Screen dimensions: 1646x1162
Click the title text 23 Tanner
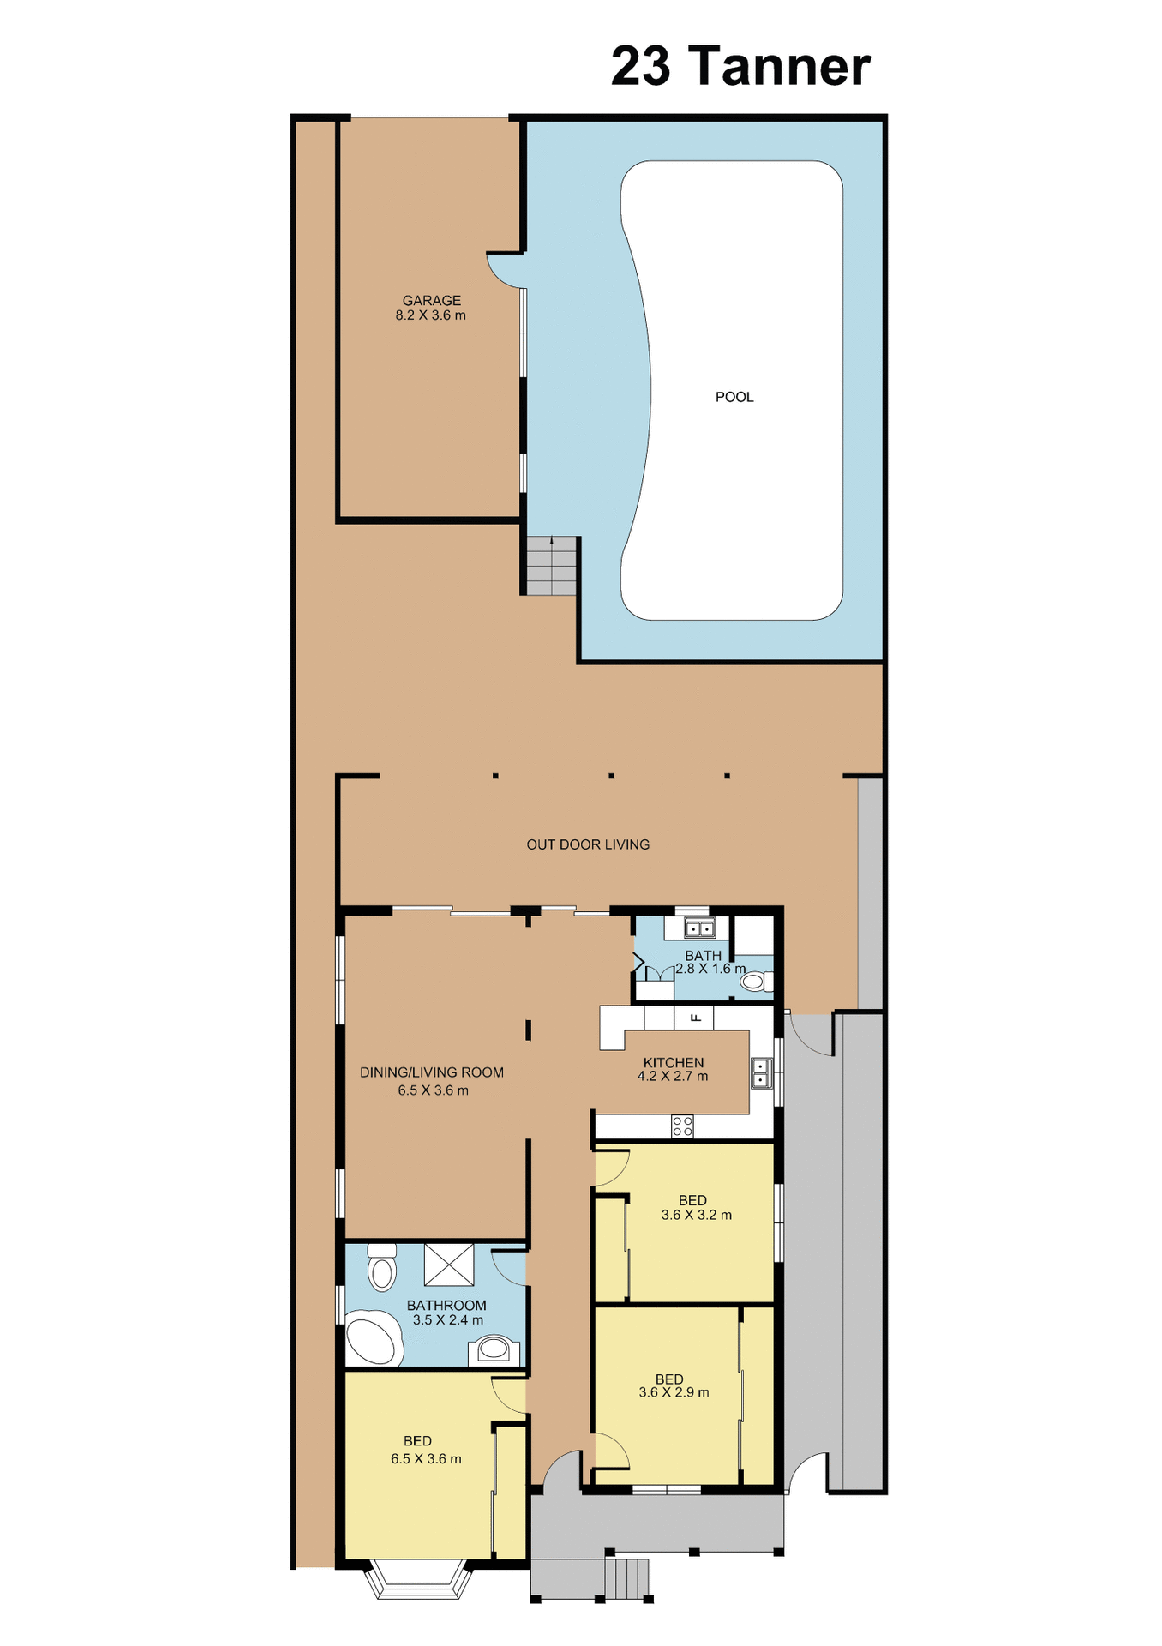740,67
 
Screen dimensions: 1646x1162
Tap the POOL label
734,397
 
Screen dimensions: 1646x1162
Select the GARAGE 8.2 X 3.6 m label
431,308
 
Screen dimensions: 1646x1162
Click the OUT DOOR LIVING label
588,844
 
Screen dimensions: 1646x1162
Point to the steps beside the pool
551,566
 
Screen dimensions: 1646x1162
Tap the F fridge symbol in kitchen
696,1018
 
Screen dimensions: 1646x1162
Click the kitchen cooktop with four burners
682,1126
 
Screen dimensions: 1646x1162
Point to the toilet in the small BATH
754,982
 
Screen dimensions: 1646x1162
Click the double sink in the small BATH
699,928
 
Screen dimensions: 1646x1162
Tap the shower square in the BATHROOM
449,1264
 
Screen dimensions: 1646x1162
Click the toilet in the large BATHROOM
382,1268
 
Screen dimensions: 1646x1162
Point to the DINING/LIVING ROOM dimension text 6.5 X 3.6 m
433,1090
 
